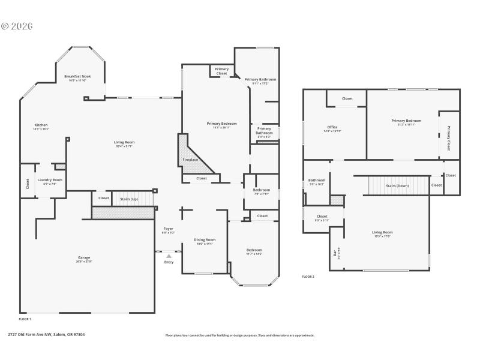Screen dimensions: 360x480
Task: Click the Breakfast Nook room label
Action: pos(77,76)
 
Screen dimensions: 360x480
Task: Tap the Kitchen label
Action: pos(41,125)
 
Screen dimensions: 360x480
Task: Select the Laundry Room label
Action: pos(50,180)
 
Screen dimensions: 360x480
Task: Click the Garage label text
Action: pos(83,257)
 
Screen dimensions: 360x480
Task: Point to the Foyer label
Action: pos(169,229)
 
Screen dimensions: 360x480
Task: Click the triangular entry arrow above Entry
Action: pos(169,256)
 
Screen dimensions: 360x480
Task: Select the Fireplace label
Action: pos(190,160)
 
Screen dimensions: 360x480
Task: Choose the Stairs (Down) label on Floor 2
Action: pos(397,185)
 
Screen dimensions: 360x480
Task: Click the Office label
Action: pos(332,127)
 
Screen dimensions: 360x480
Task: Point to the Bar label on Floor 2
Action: pos(335,253)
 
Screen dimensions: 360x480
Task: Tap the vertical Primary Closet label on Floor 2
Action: pos(448,138)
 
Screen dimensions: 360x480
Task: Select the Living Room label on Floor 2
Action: pos(382,232)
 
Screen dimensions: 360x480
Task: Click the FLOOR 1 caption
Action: pos(25,319)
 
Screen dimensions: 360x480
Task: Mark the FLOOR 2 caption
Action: pos(308,277)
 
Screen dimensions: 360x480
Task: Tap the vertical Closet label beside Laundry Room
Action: pos(27,184)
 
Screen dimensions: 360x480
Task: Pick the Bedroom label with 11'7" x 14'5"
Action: pos(254,250)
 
